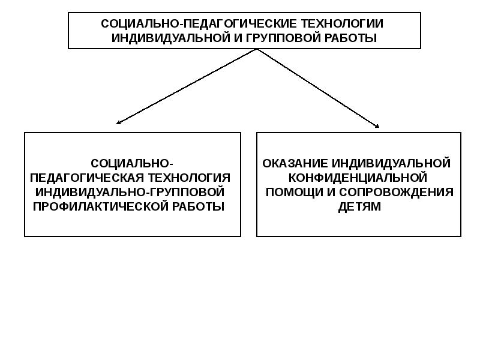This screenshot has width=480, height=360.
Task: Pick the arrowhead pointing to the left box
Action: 119,122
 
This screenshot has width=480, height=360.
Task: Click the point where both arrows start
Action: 258,49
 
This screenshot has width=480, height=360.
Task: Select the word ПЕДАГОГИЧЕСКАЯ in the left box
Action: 76,178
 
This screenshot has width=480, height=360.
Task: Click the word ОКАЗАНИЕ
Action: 293,163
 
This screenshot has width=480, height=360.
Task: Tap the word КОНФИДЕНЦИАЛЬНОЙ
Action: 358,178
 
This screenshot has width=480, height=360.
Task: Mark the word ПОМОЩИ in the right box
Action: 292,192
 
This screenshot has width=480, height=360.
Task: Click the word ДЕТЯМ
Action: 359,206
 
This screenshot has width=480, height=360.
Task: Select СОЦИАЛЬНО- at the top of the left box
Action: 132,163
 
